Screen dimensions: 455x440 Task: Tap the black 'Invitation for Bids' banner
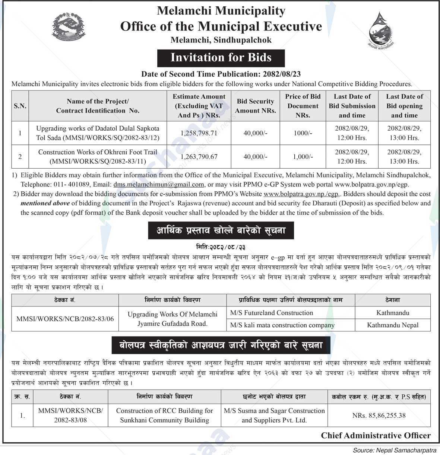pyautogui.click(x=221, y=58)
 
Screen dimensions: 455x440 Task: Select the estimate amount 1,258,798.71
pyautogui.click(x=199, y=133)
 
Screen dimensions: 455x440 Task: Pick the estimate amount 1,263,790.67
pyautogui.click(x=199, y=157)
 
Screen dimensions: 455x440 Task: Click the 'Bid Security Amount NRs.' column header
pyautogui.click(x=255, y=106)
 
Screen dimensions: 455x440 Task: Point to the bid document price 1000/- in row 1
pyautogui.click(x=303, y=133)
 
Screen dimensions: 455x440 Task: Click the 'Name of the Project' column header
pyautogui.click(x=98, y=106)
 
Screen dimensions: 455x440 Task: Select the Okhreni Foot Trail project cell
pyautogui.click(x=98, y=157)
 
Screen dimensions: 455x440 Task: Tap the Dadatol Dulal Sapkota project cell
pyautogui.click(x=98, y=133)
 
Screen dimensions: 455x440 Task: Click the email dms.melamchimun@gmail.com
pyautogui.click(x=159, y=184)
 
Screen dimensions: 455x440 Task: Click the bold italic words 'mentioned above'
pyautogui.click(x=45, y=203)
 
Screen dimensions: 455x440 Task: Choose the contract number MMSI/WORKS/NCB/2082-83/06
pyautogui.click(x=65, y=319)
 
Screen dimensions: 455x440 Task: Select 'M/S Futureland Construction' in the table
pyautogui.click(x=272, y=313)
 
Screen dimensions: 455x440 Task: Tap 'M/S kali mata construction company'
pyautogui.click(x=282, y=325)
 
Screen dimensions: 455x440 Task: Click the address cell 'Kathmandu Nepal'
pyautogui.click(x=393, y=325)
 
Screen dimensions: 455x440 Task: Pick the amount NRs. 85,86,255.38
pyautogui.click(x=379, y=416)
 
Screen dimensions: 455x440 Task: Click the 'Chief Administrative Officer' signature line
pyautogui.click(x=376, y=435)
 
